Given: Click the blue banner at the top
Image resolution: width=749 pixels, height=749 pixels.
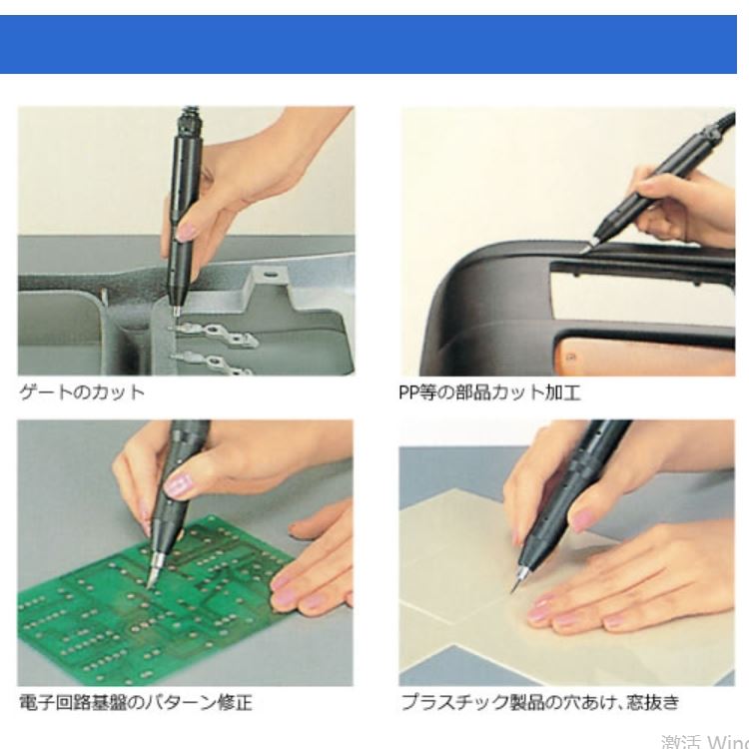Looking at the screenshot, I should tap(374, 44).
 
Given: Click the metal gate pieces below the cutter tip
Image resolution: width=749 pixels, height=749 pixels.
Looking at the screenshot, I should tap(215, 345).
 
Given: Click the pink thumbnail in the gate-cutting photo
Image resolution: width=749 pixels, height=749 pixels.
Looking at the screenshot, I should tap(187, 231).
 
